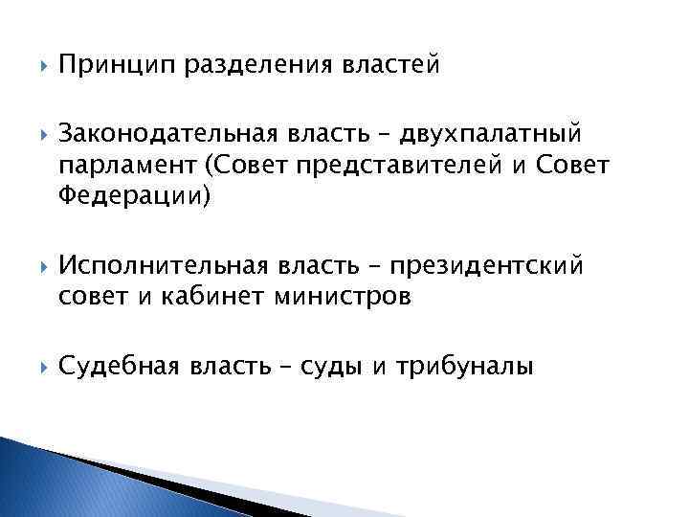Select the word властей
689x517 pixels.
pyautogui.click(x=391, y=65)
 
